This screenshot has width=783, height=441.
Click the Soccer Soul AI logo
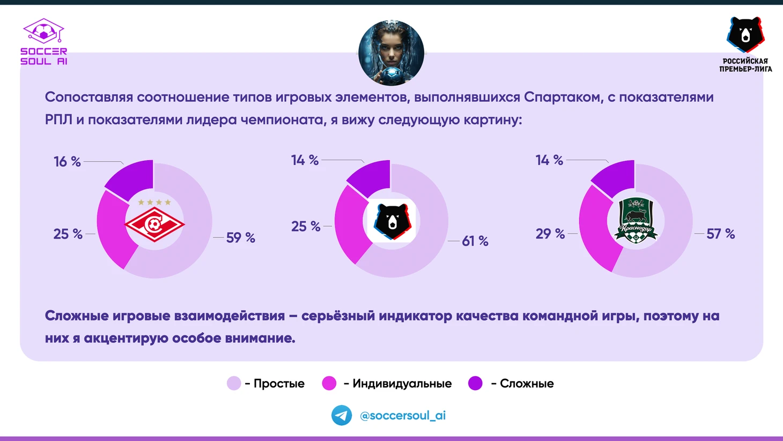coord(43,42)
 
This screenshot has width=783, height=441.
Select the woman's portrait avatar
coord(391,53)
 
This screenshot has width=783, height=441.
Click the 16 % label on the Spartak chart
coord(67,162)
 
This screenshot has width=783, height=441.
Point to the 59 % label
coord(240,238)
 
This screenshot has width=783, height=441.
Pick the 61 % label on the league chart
coord(475,241)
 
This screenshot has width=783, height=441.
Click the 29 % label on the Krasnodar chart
coord(550,234)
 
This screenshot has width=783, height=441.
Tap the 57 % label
coord(720,234)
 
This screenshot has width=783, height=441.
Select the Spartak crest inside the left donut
coord(154,221)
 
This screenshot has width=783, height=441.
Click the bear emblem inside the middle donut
coord(391,221)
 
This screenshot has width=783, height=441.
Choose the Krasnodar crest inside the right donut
coord(636,220)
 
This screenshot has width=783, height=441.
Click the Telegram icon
coord(342,415)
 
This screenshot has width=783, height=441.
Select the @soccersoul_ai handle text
coord(403,415)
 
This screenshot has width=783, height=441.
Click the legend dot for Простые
coord(234,383)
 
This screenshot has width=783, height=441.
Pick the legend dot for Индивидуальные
coord(329,383)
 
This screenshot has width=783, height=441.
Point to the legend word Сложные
coord(527,383)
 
